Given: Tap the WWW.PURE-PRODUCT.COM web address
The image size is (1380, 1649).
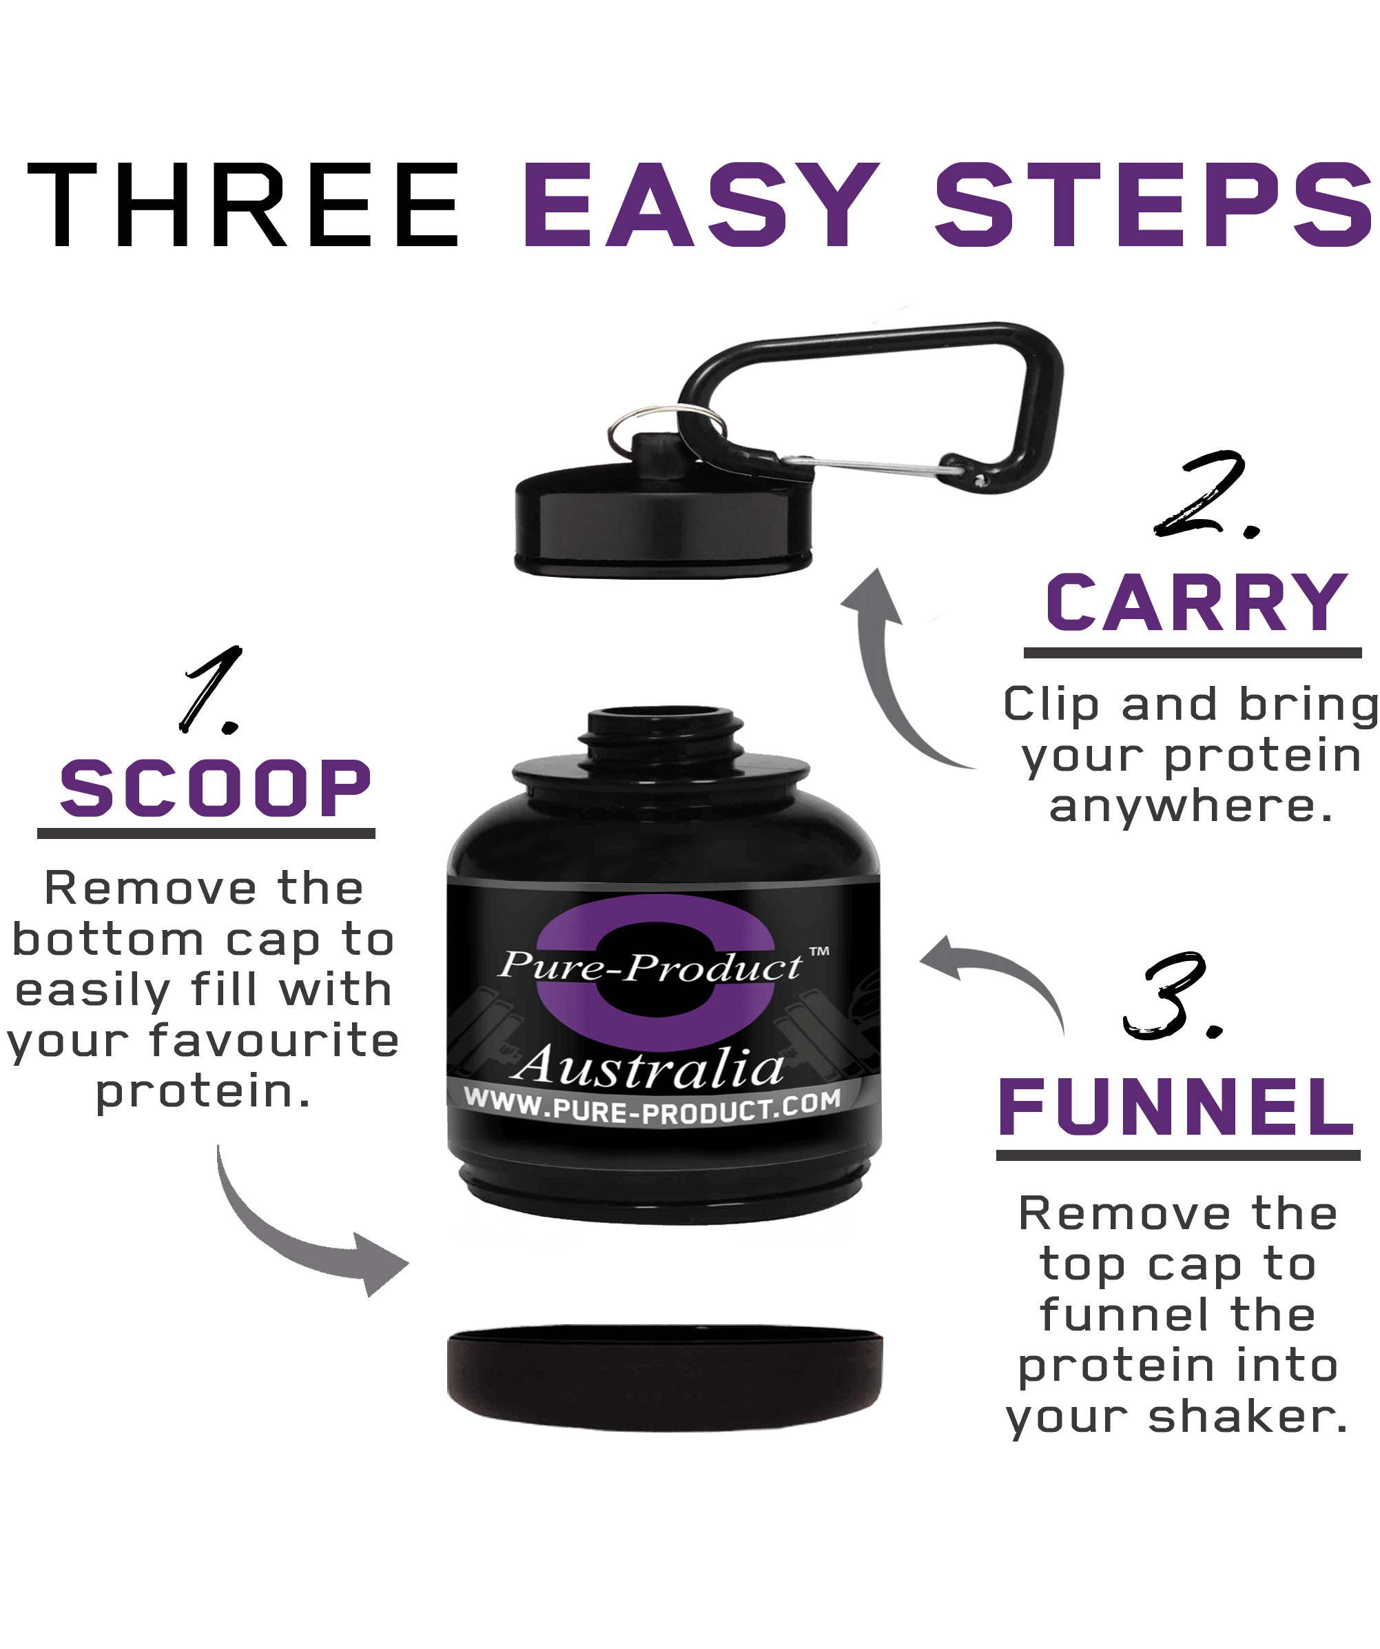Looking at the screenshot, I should [x=652, y=1107].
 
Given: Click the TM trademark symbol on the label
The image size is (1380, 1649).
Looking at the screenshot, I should [x=818, y=953].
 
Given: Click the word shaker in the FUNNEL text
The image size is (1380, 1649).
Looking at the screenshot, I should [x=1248, y=1417].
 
